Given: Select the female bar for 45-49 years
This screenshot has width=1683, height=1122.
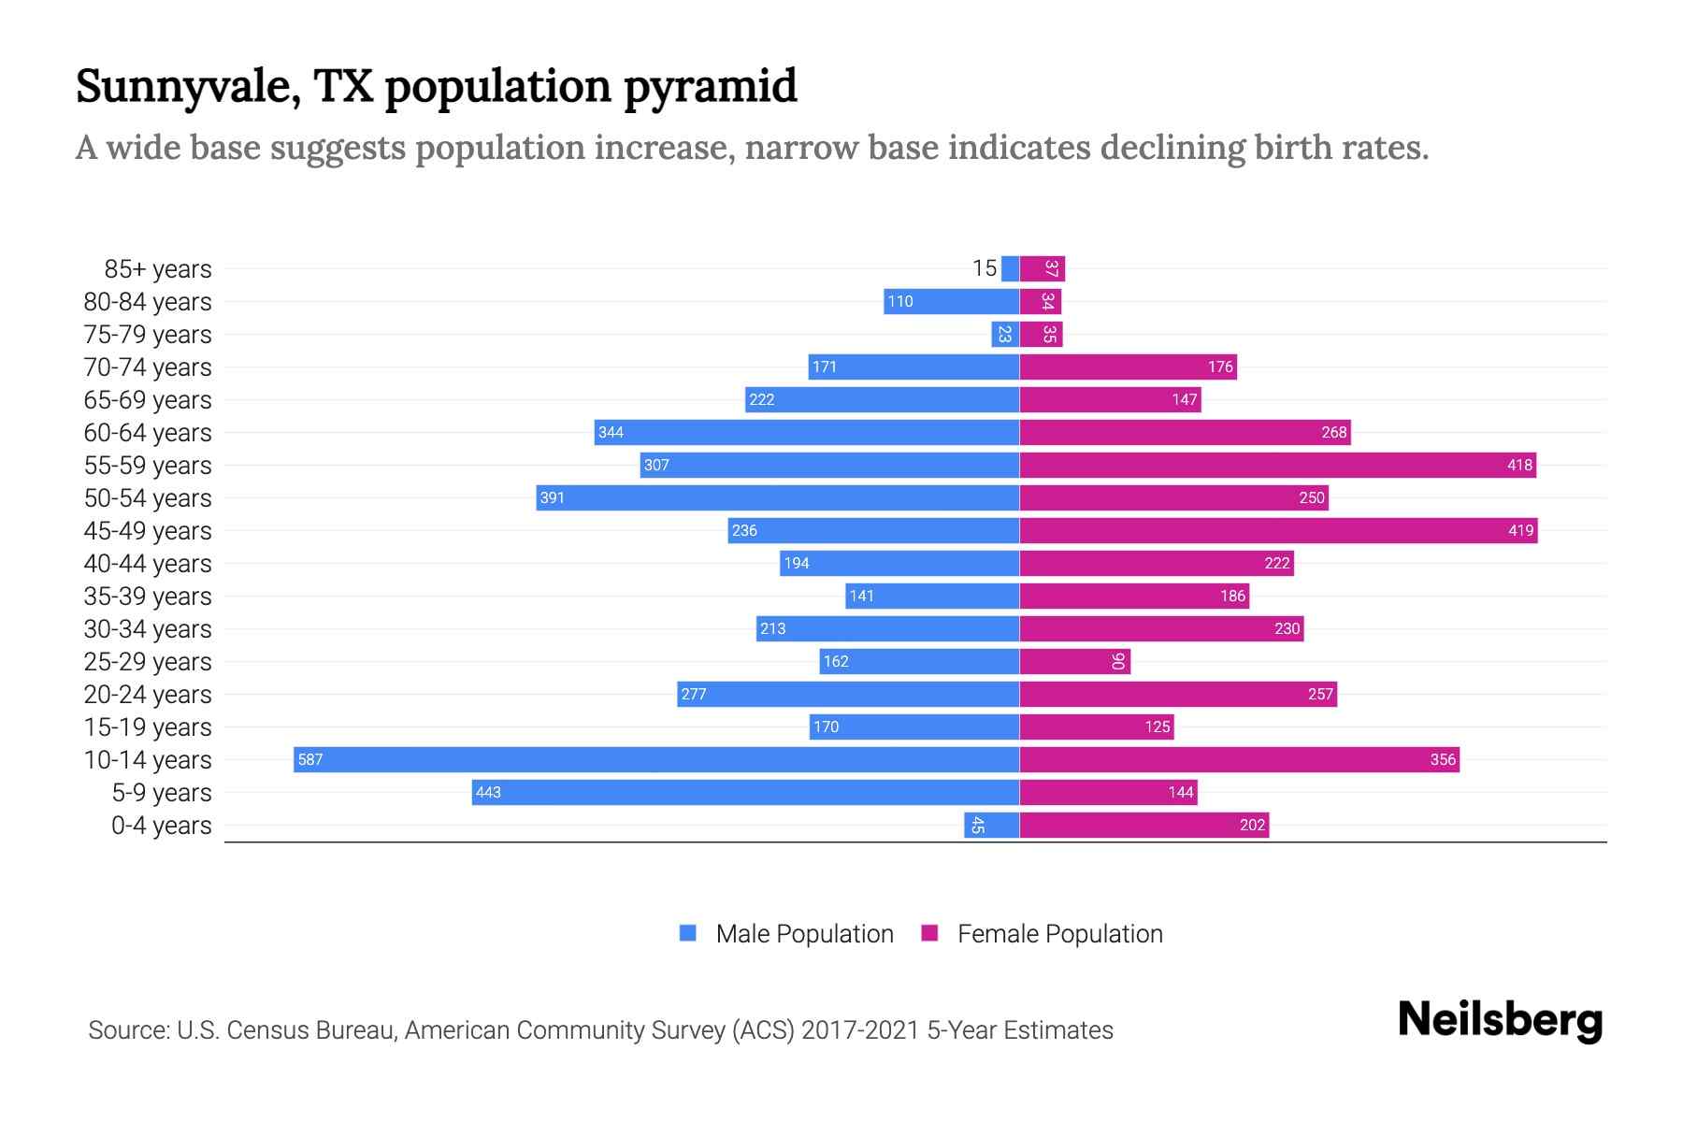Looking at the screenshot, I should click(1278, 530).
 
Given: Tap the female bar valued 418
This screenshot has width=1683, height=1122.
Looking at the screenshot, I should click(1277, 465).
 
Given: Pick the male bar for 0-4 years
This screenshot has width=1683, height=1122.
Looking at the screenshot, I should click(992, 825).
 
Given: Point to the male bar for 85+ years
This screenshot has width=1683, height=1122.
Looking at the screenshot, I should click(1010, 268).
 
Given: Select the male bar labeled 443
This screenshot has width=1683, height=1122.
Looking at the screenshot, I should click(745, 792).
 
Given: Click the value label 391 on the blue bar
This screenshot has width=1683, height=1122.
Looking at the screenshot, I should click(553, 497).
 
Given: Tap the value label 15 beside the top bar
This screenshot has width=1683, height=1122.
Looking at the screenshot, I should click(984, 268).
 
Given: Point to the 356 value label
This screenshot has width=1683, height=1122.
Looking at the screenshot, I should click(1442, 759).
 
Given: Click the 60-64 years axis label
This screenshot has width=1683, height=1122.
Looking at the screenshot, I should click(148, 433).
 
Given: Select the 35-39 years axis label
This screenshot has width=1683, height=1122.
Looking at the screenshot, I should click(148, 597).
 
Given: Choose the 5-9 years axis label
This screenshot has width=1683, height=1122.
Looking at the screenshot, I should click(161, 793).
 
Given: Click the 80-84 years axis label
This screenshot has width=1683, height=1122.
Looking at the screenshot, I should click(148, 302).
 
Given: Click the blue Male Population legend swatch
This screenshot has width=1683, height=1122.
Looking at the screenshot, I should click(688, 933).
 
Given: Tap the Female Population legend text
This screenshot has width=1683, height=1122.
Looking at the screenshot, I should click(1059, 934).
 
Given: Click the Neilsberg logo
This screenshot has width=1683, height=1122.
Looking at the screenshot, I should click(1500, 1019).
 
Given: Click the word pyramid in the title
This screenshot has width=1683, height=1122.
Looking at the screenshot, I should click(710, 87).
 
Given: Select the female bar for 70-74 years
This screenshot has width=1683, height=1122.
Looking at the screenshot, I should click(1128, 367).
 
